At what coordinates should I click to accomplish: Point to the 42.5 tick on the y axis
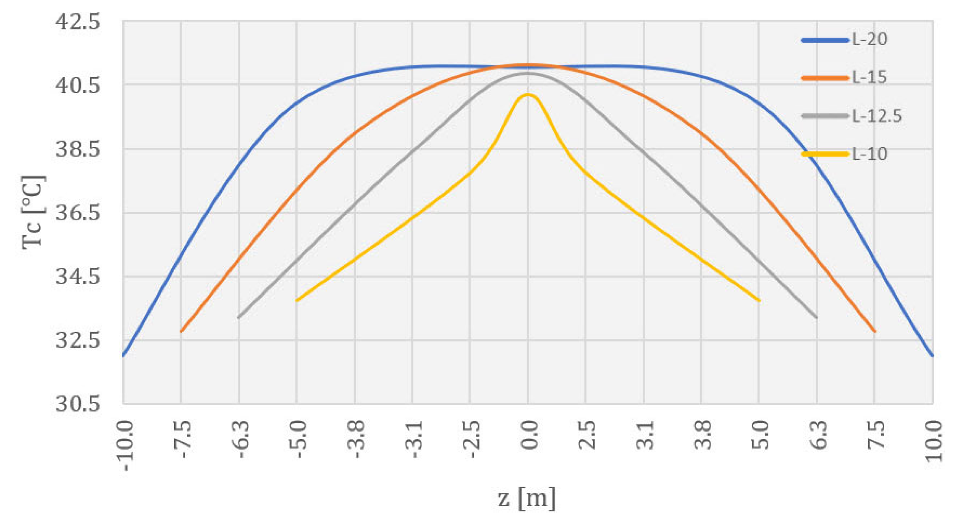click(78, 22)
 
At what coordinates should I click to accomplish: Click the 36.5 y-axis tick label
click(78, 213)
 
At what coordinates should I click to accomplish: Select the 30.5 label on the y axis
click(78, 404)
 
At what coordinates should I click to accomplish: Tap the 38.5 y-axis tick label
click(78, 149)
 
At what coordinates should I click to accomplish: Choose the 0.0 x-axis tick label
click(529, 435)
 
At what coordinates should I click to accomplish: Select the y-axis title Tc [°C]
click(33, 212)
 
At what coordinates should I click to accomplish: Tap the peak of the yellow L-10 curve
click(528, 94)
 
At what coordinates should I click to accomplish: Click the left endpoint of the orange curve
click(181, 331)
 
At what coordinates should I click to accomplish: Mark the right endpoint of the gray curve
click(817, 317)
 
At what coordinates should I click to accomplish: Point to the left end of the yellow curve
click(297, 301)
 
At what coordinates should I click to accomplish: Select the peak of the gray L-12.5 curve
click(528, 73)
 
